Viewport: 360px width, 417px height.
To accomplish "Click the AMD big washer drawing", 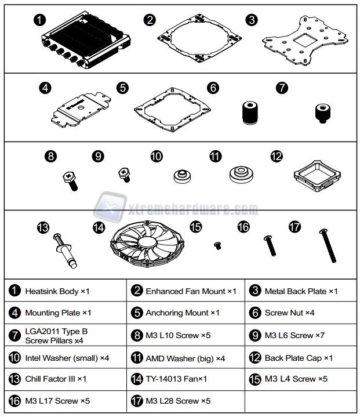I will click(240, 175).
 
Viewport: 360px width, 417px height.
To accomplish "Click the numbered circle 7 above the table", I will click(282, 88).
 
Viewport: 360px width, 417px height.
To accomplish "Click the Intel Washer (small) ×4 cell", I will click(66, 357).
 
